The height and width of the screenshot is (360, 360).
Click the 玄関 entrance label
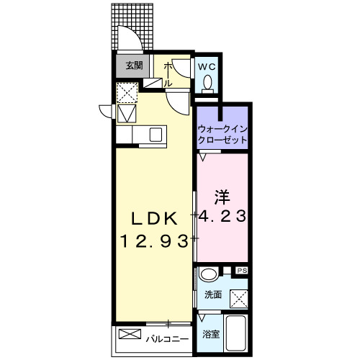coord(133,65)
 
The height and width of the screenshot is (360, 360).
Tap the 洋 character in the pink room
coord(221,195)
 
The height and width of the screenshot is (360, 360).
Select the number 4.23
coord(222,215)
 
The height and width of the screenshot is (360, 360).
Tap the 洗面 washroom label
coord(212,295)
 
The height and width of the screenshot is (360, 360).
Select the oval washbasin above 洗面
coord(208,274)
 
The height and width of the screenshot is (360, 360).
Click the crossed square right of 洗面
coord(238,297)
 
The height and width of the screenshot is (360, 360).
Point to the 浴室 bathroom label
coord(210,333)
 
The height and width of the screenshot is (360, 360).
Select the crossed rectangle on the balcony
coord(131,335)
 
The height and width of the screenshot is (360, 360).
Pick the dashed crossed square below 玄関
coord(127,92)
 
